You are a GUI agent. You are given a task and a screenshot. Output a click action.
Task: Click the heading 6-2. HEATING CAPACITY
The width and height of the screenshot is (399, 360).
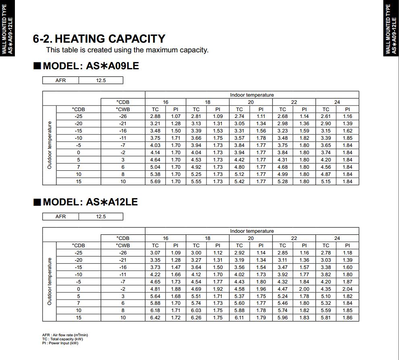point(99,39)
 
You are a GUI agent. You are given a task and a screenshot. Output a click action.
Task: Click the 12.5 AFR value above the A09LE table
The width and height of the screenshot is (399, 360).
point(101,81)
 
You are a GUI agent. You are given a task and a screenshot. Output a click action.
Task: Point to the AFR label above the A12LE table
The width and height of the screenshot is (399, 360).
point(60,217)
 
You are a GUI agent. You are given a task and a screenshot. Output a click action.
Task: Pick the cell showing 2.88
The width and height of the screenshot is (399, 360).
point(155,116)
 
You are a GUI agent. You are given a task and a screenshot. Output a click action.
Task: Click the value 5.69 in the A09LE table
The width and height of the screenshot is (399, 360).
point(155,182)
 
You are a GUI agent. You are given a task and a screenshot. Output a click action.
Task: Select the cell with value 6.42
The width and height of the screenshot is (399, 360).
point(155,318)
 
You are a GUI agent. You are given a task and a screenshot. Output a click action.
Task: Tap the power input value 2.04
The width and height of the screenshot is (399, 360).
point(347,289)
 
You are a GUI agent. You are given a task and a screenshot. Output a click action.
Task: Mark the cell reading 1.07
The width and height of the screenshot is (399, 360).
point(176,116)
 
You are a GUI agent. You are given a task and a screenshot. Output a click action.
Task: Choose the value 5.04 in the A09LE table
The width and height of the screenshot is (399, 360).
point(155,167)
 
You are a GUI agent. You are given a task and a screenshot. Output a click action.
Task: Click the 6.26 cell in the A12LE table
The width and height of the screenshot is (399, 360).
point(196,318)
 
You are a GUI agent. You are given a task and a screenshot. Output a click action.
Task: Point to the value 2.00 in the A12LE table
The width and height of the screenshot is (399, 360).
point(304,289)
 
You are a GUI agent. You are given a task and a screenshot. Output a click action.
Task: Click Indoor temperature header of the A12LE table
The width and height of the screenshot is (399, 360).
point(252,231)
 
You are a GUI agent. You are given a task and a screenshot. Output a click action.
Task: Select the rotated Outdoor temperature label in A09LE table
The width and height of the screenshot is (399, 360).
point(50,145)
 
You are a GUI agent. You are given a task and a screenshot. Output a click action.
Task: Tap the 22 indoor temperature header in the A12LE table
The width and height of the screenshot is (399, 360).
point(294,238)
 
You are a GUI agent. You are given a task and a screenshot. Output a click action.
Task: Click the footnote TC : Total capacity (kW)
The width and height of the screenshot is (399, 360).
point(62,339)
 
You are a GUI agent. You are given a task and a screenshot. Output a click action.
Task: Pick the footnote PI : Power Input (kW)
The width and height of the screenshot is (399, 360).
point(60,343)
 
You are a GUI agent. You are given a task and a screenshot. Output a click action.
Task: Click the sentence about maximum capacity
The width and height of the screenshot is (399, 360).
point(127,50)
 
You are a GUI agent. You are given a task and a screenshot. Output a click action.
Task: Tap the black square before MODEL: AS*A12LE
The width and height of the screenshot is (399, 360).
point(37,202)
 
